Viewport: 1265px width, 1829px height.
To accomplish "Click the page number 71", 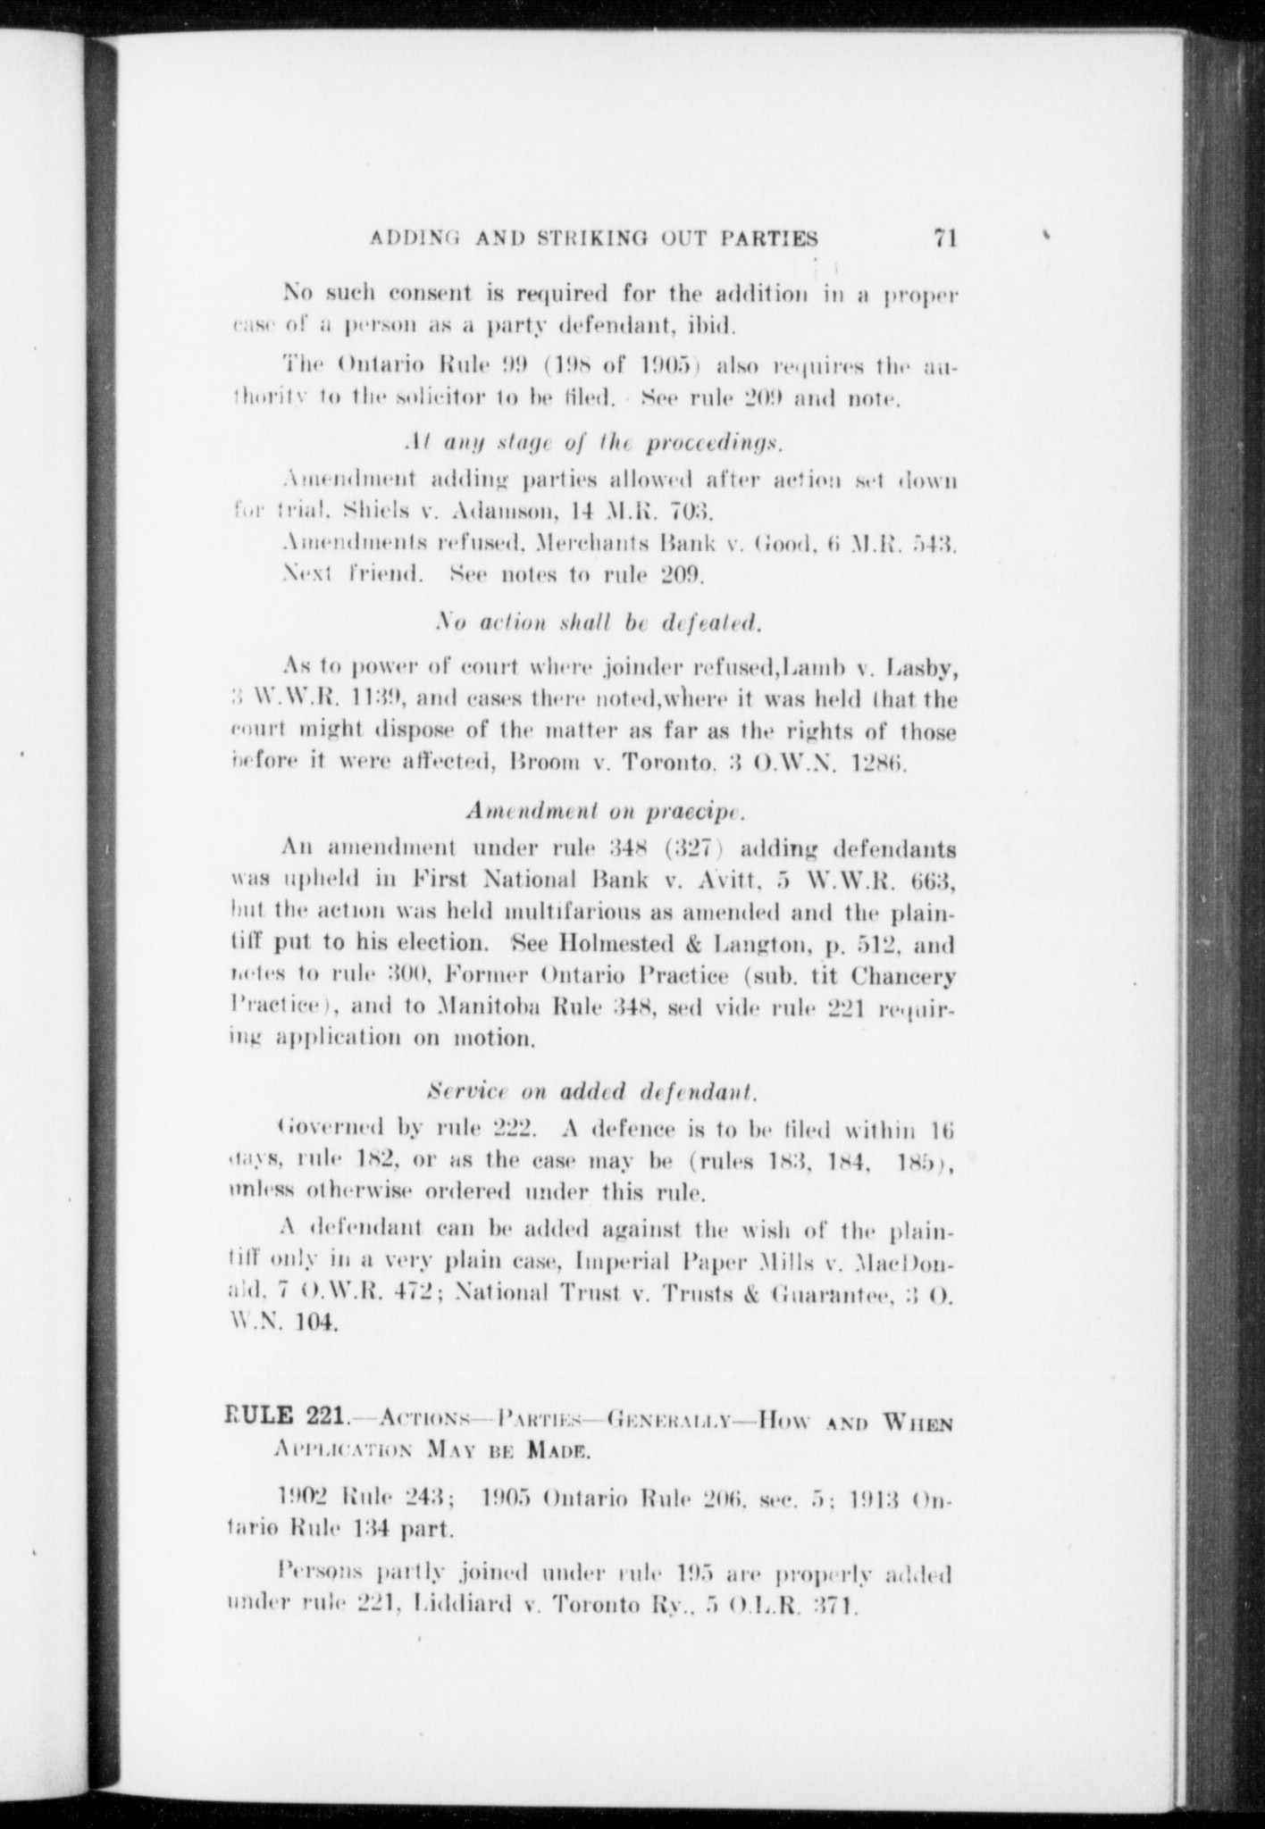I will coord(944,238).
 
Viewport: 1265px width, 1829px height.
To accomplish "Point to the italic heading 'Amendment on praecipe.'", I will coord(607,811).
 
